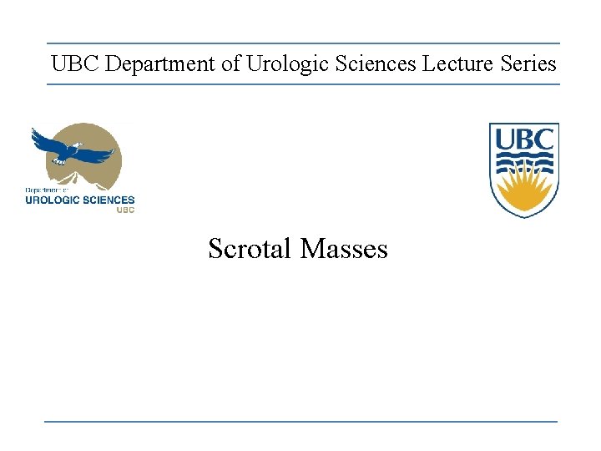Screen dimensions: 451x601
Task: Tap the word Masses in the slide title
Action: [x=344, y=249]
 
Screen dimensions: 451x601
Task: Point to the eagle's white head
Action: [x=75, y=147]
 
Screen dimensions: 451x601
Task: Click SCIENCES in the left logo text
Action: [x=109, y=200]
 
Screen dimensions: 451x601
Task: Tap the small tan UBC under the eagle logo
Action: [x=124, y=210]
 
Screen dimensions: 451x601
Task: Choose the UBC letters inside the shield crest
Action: [x=523, y=139]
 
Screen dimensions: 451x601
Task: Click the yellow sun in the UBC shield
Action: [x=523, y=193]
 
